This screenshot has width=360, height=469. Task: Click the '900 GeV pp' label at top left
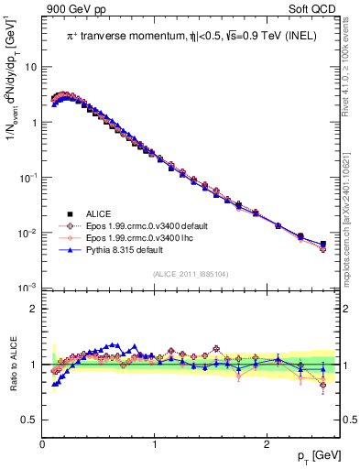[72, 9]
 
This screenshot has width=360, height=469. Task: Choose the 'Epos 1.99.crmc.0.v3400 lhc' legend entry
[138, 237]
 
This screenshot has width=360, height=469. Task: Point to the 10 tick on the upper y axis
[31, 67]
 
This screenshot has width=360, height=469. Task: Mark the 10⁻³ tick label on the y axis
[28, 288]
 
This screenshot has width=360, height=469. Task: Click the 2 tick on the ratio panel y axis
[34, 309]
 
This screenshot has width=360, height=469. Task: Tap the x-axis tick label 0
[43, 444]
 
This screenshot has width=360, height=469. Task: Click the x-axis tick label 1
[154, 444]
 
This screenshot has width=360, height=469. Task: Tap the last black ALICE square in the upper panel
[322, 244]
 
